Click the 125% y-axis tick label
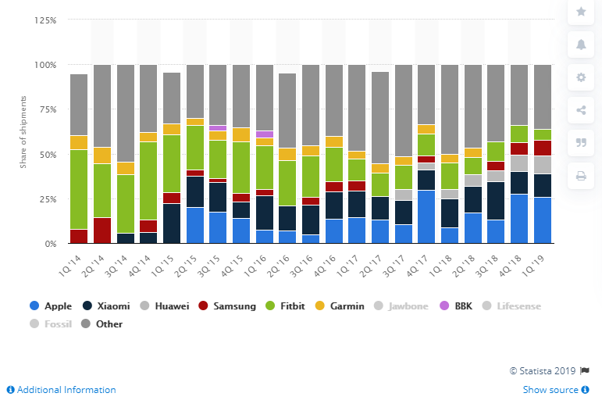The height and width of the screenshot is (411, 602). (x=44, y=20)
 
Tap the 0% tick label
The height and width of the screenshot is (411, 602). (x=48, y=244)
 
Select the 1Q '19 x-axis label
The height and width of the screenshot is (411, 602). (x=539, y=261)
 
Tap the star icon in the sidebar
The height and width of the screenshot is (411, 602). (x=581, y=11)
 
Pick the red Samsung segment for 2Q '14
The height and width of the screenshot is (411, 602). (x=102, y=231)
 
